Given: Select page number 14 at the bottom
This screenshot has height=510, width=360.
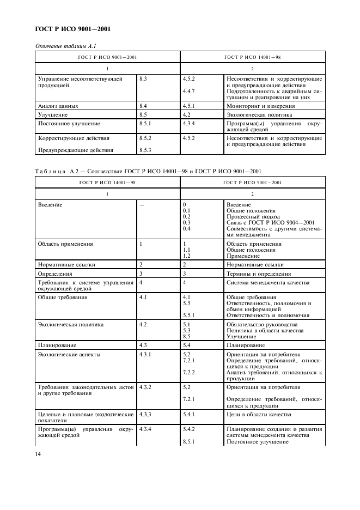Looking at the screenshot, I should coord(39,453).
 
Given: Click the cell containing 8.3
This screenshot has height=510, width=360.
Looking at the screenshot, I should coord(144,79).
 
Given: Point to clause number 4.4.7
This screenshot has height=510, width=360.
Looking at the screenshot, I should coord(189,91).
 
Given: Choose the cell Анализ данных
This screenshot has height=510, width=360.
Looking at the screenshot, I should coord(58,106).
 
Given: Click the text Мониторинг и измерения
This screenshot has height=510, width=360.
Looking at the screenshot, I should coord(260,106).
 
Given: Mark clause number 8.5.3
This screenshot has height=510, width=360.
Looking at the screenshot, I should coord(145,150).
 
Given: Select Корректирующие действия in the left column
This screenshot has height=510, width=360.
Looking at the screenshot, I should coord(74,138).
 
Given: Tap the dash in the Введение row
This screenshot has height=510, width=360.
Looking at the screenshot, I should coord(142,205).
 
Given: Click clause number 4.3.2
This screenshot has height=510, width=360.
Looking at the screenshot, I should coord(147,387).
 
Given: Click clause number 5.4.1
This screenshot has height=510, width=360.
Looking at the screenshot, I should coord(189,415).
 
